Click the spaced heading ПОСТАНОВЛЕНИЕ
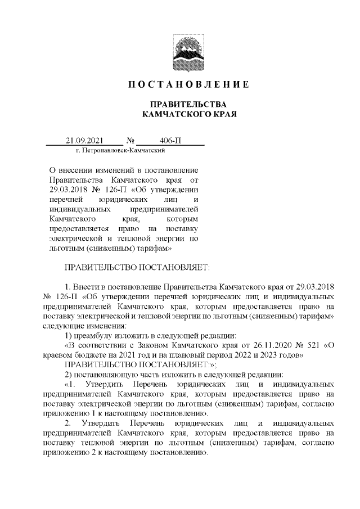click(180, 85)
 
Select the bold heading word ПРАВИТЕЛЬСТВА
click(180, 105)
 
